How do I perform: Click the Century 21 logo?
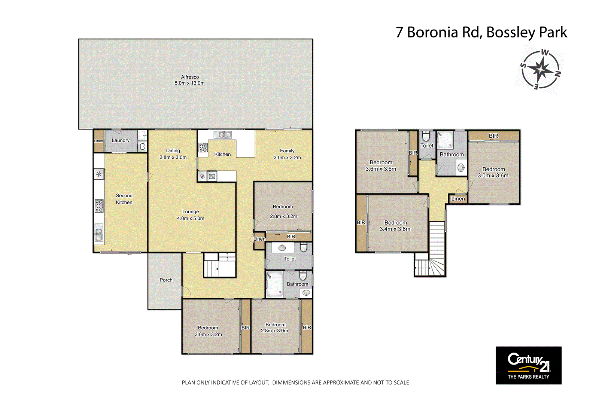coord(528,365)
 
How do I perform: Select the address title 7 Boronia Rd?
coord(481,33)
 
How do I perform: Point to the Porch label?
coord(166,280)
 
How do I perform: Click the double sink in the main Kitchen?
coord(222,135)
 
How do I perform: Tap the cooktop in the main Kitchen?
coord(203,147)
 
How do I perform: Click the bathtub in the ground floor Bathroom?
coord(274,284)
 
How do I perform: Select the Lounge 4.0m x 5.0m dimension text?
coord(191,219)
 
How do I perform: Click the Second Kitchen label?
coord(124,199)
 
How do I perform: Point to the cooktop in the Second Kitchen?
coord(99,206)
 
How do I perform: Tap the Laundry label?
coord(121,140)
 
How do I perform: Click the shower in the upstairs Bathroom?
coord(445,140)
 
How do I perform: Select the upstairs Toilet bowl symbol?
coord(426,135)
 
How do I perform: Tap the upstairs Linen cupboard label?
coord(458,199)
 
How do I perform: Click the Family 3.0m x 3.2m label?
coord(287,154)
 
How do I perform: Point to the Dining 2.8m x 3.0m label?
coord(173,154)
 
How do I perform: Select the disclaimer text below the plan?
coord(295,383)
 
